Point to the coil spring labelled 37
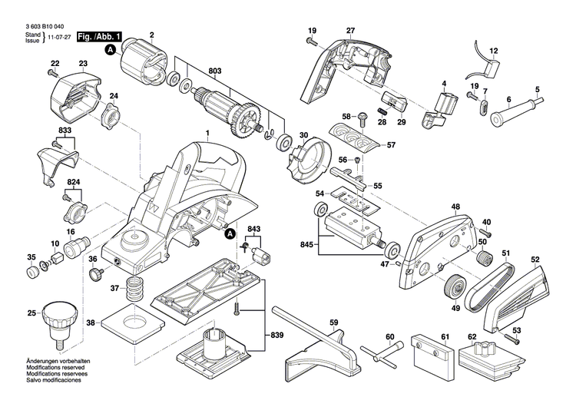tap(135, 291)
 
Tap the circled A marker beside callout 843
tap(229, 233)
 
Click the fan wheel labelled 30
tap(310, 157)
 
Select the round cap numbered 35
tap(32, 271)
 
